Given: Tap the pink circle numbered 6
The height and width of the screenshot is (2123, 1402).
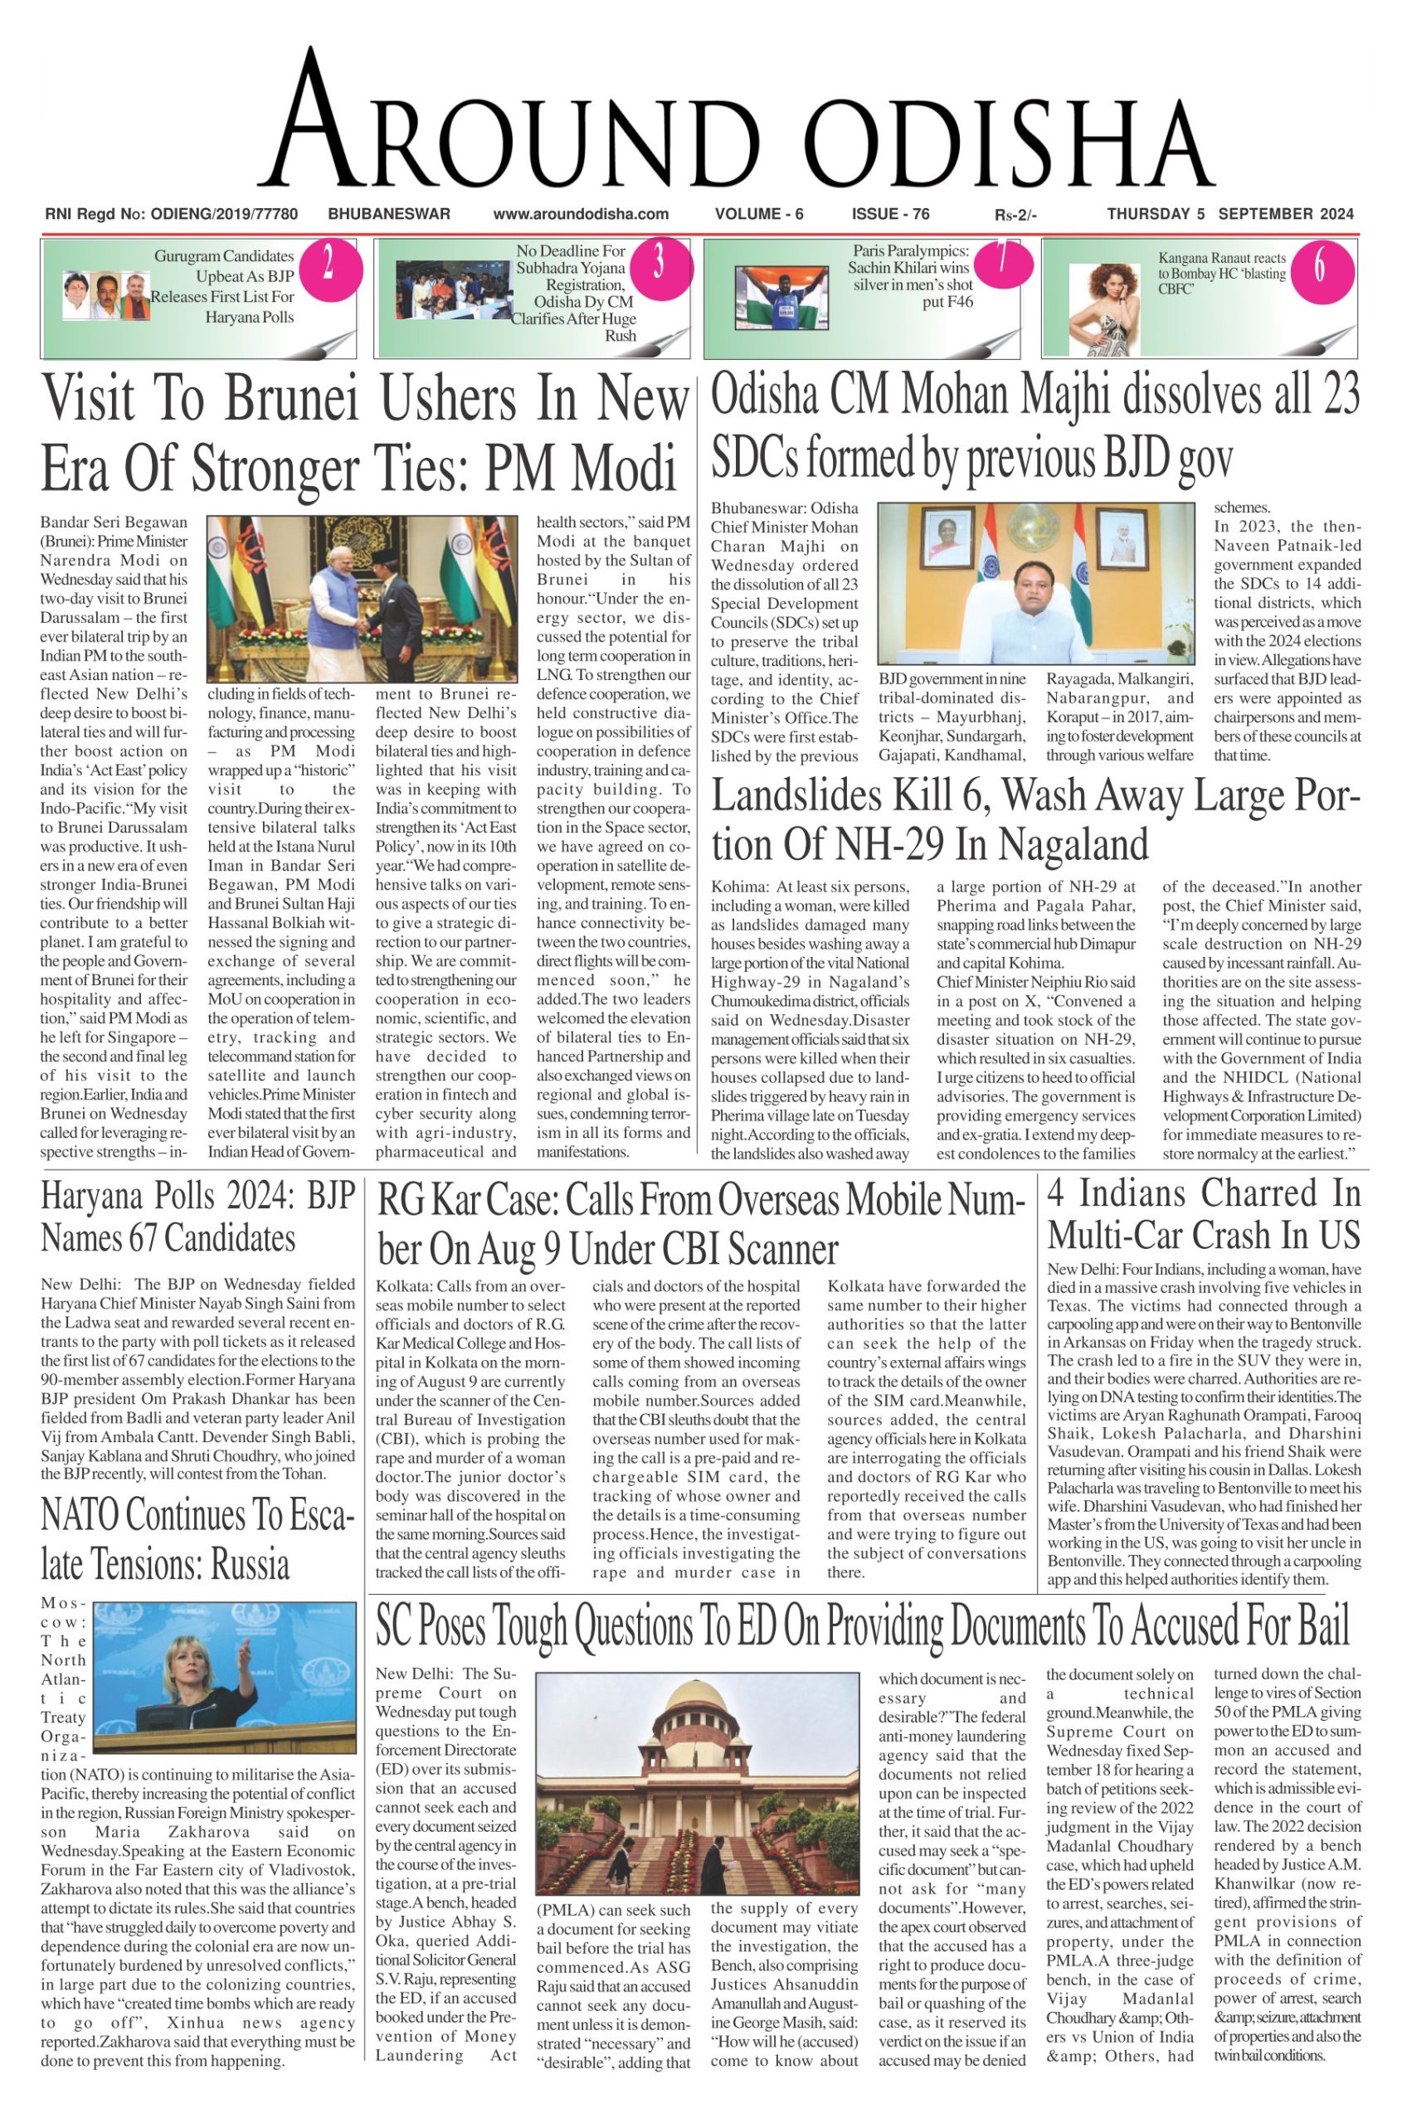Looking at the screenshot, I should [1319, 266].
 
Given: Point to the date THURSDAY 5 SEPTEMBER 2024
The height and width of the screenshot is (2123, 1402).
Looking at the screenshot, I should [1229, 214].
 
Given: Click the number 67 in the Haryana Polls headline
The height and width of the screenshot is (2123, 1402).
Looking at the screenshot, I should [140, 1238].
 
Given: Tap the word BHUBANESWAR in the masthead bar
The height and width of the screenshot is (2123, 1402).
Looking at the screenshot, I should [389, 214].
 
